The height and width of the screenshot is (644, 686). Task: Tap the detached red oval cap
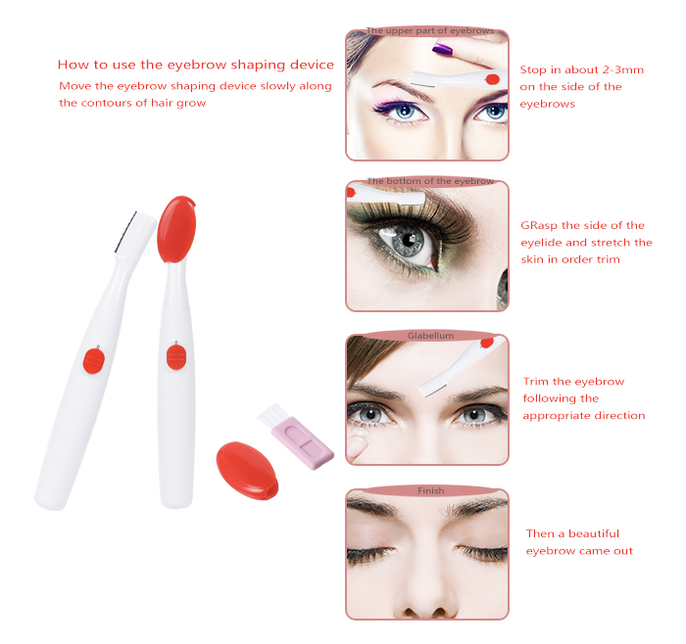coord(247,471)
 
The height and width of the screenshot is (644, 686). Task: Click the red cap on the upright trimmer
coord(176,229)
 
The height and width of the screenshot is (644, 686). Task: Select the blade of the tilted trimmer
coord(126,232)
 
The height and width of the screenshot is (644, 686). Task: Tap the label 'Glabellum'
coord(430,336)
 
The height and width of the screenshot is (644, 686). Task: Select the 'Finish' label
coord(431,490)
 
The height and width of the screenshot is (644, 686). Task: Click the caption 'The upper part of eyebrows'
coord(430,30)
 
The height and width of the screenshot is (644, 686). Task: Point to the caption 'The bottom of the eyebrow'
coord(430,181)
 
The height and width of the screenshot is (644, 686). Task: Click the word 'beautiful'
coord(594,534)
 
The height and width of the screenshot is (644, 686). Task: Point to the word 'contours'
coord(107,103)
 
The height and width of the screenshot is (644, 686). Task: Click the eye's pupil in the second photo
coord(410,240)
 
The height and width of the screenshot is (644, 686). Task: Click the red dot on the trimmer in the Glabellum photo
coord(487,343)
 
